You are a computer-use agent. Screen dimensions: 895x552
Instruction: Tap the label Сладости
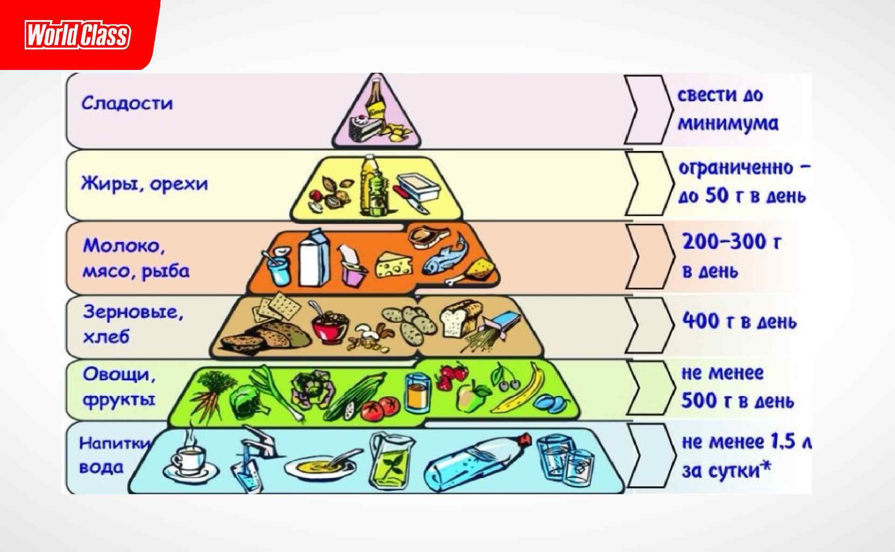pyautogui.click(x=127, y=103)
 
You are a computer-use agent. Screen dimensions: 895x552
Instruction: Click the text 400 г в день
pyautogui.click(x=739, y=322)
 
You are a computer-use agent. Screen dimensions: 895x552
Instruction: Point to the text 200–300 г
pyautogui.click(x=731, y=242)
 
